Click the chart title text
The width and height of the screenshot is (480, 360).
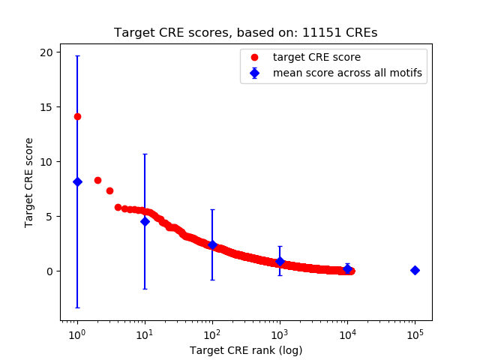(x=245, y=33)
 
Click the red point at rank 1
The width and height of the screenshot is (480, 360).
(x=77, y=116)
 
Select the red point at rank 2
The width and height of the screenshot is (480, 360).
(x=97, y=180)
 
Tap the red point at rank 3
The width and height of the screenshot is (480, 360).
(x=109, y=190)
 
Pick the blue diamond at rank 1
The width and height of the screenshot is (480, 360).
(x=77, y=181)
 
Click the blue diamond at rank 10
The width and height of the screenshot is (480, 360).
(x=145, y=221)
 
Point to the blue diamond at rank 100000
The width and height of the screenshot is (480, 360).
(x=415, y=270)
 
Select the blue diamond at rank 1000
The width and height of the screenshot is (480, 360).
(x=280, y=261)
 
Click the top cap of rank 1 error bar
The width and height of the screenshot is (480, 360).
(x=77, y=56)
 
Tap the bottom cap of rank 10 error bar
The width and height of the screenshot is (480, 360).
(x=145, y=289)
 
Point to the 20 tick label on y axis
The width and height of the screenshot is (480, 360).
(x=46, y=52)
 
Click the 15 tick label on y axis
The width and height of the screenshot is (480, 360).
(x=46, y=106)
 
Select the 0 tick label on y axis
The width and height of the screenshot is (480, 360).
(x=49, y=271)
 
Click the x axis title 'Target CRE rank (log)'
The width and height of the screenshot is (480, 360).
(x=245, y=349)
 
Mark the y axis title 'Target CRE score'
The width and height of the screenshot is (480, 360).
(x=29, y=182)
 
